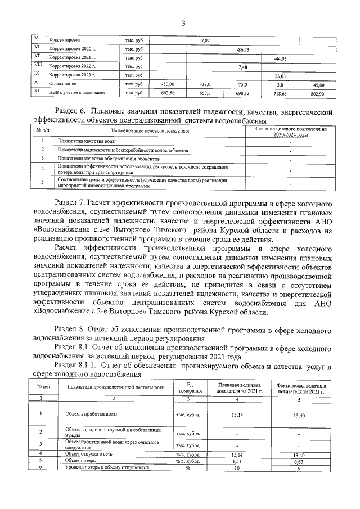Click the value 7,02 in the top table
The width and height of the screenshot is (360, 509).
click(x=205, y=40)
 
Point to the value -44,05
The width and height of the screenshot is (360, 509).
click(x=280, y=58)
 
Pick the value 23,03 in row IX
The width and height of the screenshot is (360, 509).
click(x=280, y=75)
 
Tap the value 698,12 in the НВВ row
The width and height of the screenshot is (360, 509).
click(x=243, y=93)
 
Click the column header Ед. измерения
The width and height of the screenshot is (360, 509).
click(x=186, y=388)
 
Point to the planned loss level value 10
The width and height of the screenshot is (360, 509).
click(x=237, y=467)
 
